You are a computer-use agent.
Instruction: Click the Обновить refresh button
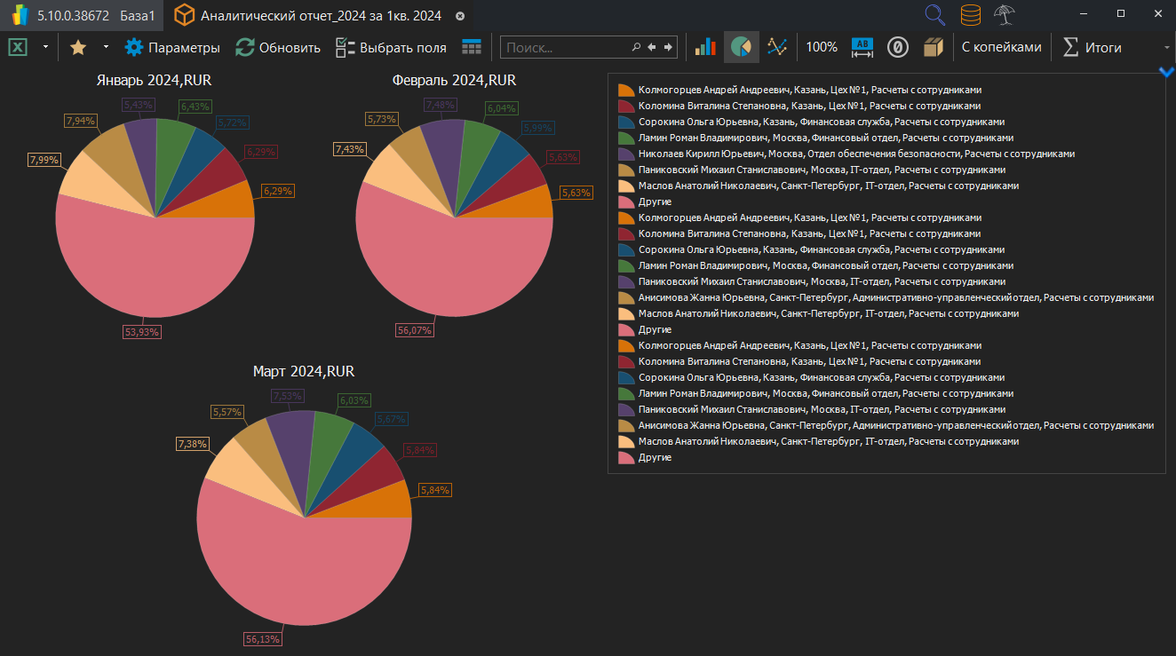(x=278, y=48)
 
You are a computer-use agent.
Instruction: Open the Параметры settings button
(x=172, y=48)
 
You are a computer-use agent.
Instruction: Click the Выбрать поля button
(x=392, y=48)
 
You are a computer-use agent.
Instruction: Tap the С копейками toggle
(x=1001, y=48)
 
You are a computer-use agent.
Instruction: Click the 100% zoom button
(x=822, y=48)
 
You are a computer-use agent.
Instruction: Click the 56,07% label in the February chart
(x=414, y=330)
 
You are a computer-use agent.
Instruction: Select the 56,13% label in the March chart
(x=263, y=639)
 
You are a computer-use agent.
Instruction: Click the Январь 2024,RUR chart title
(x=154, y=81)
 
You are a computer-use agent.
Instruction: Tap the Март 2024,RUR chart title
(x=304, y=371)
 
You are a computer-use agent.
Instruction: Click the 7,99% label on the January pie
(x=44, y=160)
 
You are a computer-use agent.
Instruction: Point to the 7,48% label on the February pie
(x=441, y=105)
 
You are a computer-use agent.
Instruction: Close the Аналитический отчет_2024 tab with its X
(x=459, y=16)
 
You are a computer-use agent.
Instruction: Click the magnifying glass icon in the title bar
(x=934, y=15)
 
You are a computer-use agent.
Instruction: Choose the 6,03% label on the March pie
(x=354, y=400)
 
